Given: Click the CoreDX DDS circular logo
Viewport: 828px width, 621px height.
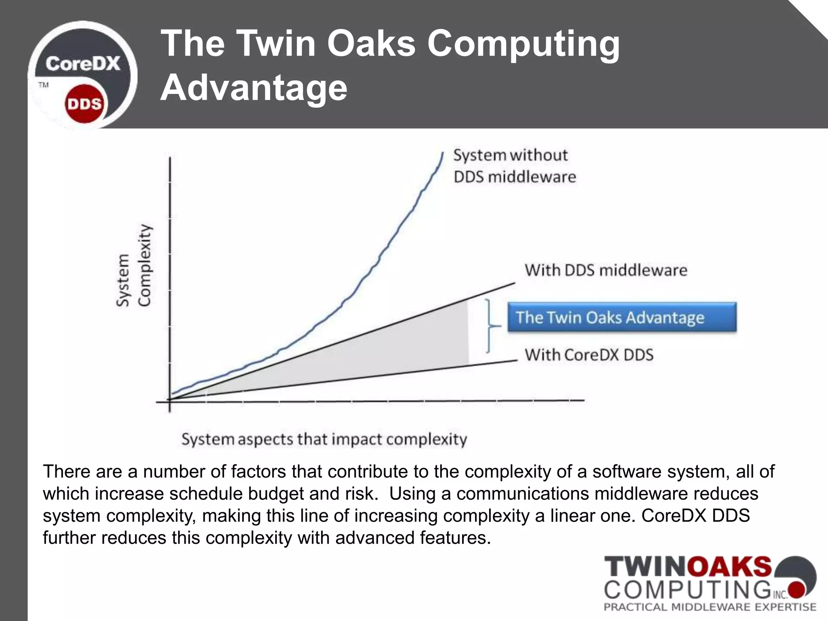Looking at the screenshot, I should (82, 75).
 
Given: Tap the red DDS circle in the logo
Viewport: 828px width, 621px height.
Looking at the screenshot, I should (84, 104).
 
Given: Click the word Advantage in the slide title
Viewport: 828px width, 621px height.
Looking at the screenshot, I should (254, 88).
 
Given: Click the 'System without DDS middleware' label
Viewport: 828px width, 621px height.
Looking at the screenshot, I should (513, 166).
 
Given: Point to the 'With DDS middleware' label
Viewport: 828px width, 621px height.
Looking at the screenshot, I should (606, 270).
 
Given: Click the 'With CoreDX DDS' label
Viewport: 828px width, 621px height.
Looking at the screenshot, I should (589, 355).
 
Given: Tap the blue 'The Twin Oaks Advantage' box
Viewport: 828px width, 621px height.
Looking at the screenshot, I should (622, 317).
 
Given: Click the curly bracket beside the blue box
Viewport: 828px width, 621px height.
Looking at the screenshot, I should (490, 325).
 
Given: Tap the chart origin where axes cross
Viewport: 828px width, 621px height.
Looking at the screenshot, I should (170, 401).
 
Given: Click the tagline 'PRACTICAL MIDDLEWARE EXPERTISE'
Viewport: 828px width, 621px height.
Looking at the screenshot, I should (710, 607).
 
